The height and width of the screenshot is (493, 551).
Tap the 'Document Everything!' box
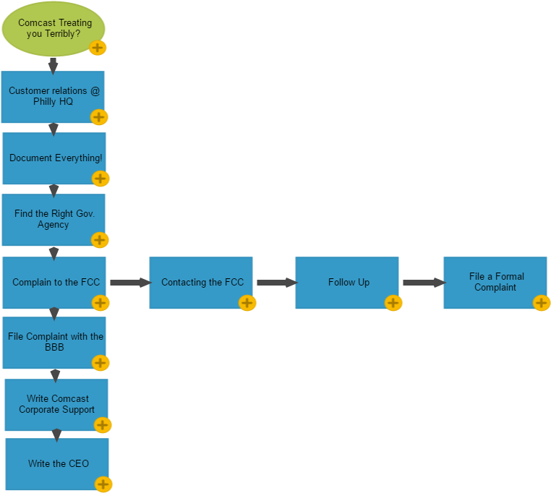coord(54,158)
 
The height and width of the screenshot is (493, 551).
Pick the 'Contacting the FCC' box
coord(201,282)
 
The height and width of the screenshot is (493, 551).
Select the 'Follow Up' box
coord(347,282)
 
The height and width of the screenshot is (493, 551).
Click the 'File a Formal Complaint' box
coord(495,282)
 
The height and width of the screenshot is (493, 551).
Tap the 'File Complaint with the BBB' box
coord(54,342)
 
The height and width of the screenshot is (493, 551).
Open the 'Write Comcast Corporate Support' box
coord(56,404)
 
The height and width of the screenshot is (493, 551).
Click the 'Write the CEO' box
coord(57,463)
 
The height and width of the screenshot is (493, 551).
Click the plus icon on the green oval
coord(98,48)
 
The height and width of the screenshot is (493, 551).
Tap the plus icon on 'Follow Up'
coord(393,303)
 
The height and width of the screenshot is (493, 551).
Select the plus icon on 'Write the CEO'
coord(103,484)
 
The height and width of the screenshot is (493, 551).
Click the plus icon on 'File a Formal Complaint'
coord(541,303)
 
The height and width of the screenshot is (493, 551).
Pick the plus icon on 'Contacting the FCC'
coord(247,303)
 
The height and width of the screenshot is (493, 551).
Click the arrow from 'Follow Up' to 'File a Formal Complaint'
coord(422,283)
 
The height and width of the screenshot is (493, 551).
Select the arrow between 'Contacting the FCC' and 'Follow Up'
coord(275,283)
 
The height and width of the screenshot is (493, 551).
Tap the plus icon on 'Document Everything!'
coord(101,179)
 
